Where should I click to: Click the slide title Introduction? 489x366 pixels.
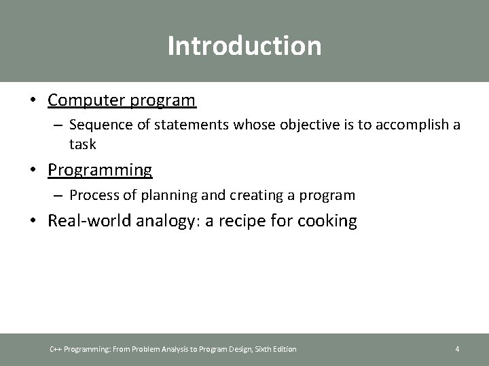(x=244, y=46)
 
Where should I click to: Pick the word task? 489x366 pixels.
(x=82, y=144)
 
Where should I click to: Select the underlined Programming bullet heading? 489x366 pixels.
(x=100, y=169)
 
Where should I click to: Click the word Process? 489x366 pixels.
(x=94, y=196)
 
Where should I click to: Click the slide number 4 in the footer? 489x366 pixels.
(x=457, y=349)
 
